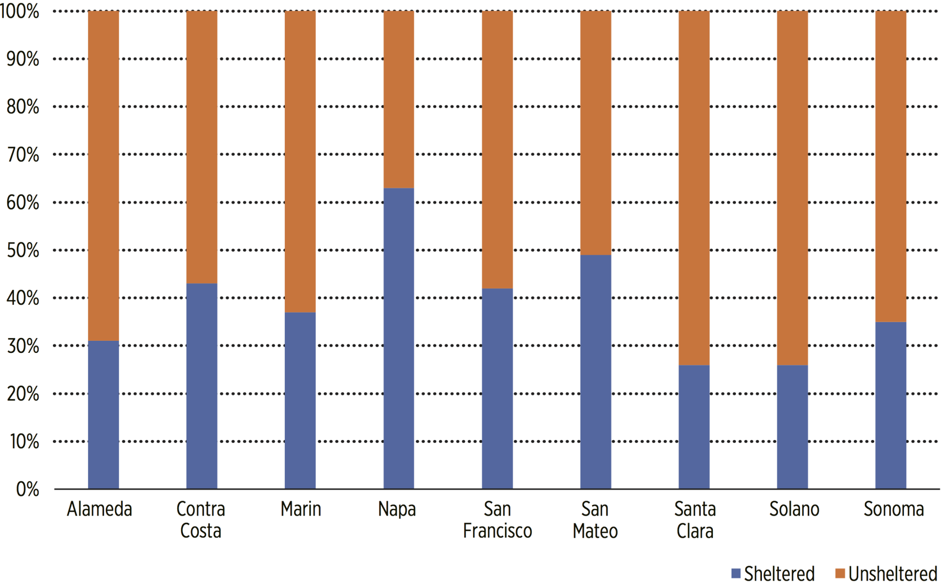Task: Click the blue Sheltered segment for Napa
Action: [x=398, y=338]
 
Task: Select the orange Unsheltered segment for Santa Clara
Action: [x=694, y=188]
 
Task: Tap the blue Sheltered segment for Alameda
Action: [x=104, y=414]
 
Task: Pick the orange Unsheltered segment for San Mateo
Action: [x=595, y=133]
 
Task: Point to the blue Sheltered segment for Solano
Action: [x=792, y=426]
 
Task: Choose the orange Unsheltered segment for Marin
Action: [x=300, y=162]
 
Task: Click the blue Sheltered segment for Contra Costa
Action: [x=202, y=386]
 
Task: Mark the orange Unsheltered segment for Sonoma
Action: [x=890, y=166]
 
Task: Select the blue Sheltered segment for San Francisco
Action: [x=497, y=388]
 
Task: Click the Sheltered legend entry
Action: [x=773, y=574]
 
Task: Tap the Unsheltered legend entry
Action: [x=886, y=574]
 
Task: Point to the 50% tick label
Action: [x=23, y=250]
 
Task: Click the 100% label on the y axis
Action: [x=20, y=12]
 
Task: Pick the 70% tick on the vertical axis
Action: [x=23, y=155]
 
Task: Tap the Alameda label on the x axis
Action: [x=100, y=509]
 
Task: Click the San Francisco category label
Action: [x=497, y=519]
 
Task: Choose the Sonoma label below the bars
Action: [x=893, y=509]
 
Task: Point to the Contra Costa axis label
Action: [x=201, y=519]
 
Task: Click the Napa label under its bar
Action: [x=397, y=509]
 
